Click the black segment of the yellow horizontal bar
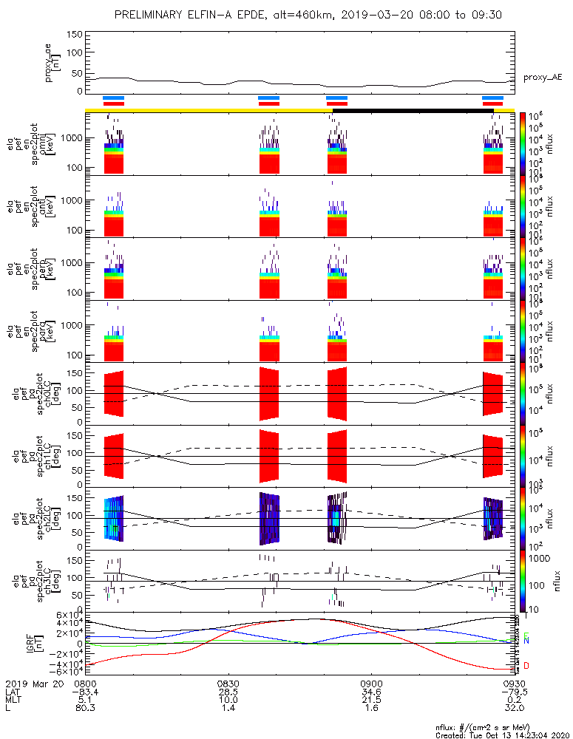[413, 111]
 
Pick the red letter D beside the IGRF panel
[526, 667]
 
